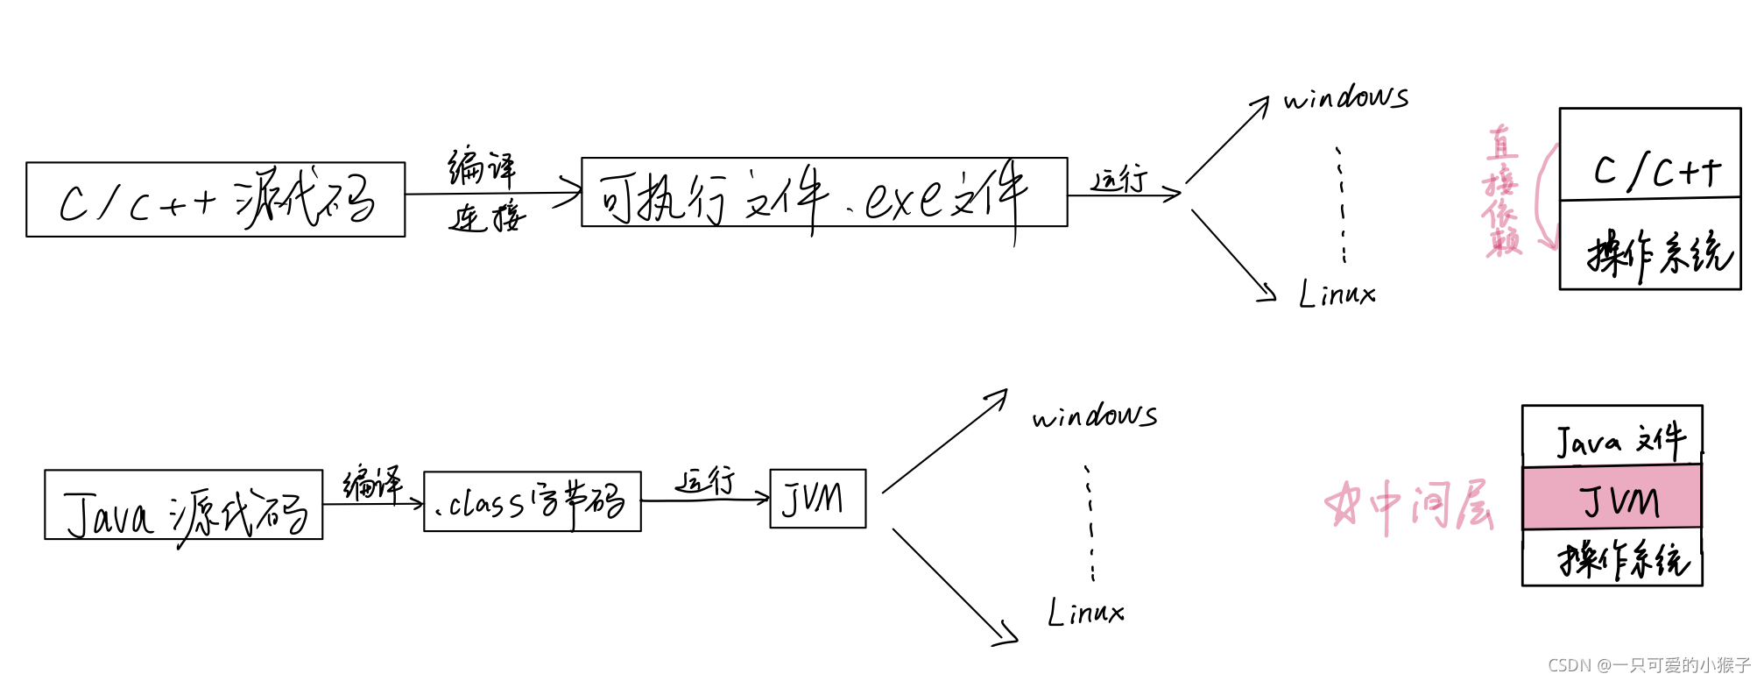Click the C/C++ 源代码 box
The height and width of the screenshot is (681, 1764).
click(215, 200)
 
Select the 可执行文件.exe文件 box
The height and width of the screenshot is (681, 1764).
click(823, 193)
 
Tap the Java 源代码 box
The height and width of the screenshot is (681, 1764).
click(183, 505)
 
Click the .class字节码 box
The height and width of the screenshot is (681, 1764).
click(532, 501)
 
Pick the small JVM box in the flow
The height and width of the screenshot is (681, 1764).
click(817, 499)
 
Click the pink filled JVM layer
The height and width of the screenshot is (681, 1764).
click(1612, 498)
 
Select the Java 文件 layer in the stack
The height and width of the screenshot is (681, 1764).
click(1612, 436)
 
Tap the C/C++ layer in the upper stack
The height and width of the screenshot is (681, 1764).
click(1650, 156)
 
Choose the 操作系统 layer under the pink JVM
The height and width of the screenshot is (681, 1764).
click(1612, 557)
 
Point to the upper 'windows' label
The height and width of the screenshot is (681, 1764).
click(1346, 97)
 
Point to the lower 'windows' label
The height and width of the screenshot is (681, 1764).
click(1095, 415)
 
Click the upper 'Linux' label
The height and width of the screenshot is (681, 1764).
click(1337, 294)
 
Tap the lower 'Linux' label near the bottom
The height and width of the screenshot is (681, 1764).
click(1086, 612)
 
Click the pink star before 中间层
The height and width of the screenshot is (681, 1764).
click(1342, 504)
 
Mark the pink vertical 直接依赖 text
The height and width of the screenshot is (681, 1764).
click(1503, 191)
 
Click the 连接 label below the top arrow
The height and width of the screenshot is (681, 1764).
click(487, 216)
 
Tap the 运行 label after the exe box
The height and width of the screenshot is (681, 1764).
click(1119, 179)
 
